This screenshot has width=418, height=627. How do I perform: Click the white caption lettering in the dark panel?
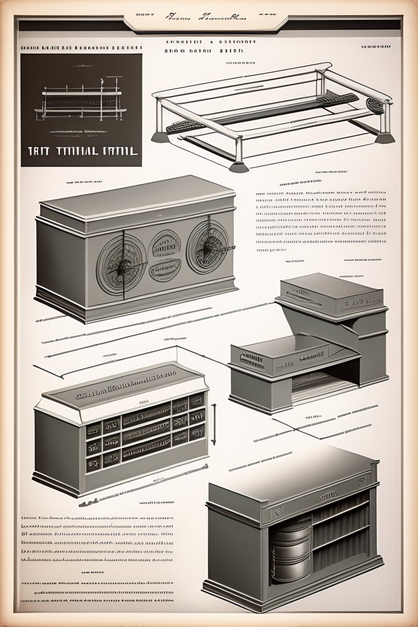click(83, 151)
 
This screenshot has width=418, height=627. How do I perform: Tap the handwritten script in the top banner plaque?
click(206, 18)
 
